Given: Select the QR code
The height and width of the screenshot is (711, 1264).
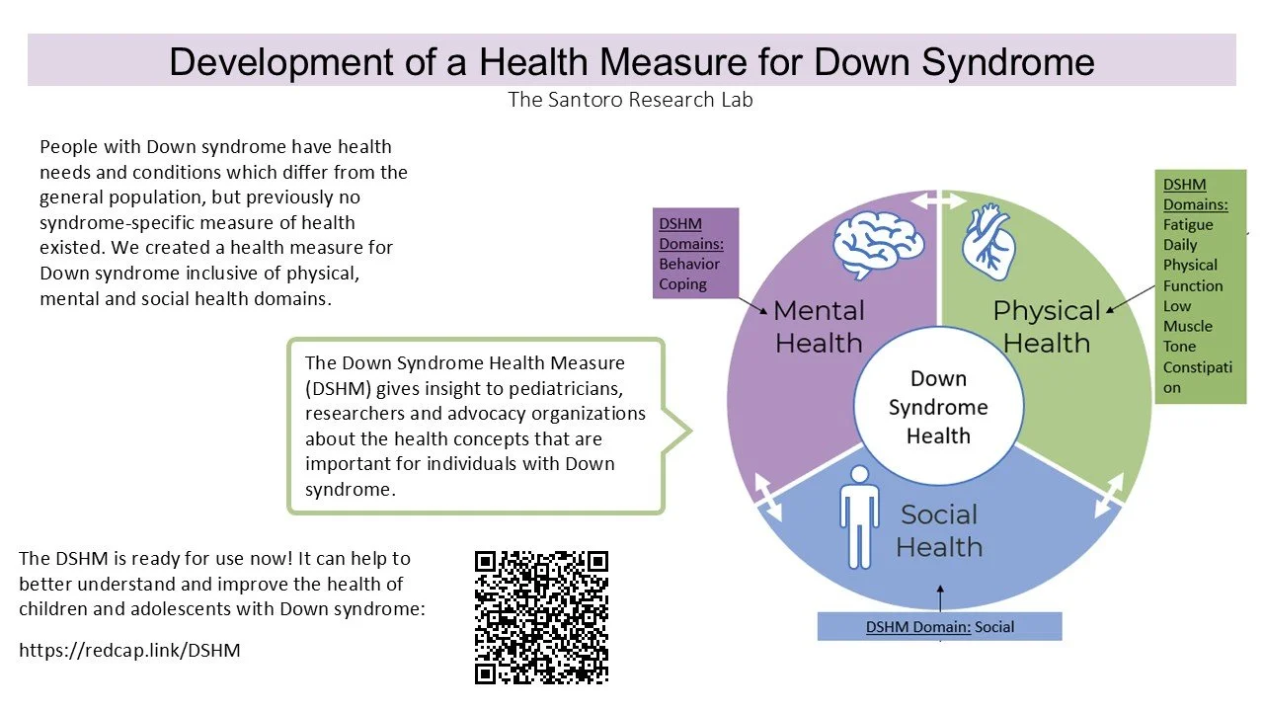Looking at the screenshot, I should pyautogui.click(x=541, y=617).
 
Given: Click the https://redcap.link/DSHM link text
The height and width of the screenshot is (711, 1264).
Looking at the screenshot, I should pyautogui.click(x=129, y=650).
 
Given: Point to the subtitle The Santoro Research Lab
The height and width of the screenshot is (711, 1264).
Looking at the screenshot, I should pyautogui.click(x=630, y=100).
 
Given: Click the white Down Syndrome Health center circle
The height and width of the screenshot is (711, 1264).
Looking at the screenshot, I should pyautogui.click(x=938, y=407).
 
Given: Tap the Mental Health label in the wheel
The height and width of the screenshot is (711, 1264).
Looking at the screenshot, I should pyautogui.click(x=819, y=326).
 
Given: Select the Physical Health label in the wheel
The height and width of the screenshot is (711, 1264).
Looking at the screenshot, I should pyautogui.click(x=1047, y=326).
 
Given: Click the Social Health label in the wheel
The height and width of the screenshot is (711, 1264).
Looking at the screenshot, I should pyautogui.click(x=939, y=530).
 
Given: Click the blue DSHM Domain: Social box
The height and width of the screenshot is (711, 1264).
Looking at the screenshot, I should pyautogui.click(x=939, y=626).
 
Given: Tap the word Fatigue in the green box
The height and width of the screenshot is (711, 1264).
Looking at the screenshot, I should pyautogui.click(x=1188, y=224).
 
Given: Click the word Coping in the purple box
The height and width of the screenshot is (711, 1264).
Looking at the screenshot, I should pyautogui.click(x=683, y=284).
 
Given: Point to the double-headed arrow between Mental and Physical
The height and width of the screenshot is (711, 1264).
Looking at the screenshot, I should pyautogui.click(x=938, y=200).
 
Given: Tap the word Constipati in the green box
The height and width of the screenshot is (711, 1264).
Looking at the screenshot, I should pyautogui.click(x=1198, y=367).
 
